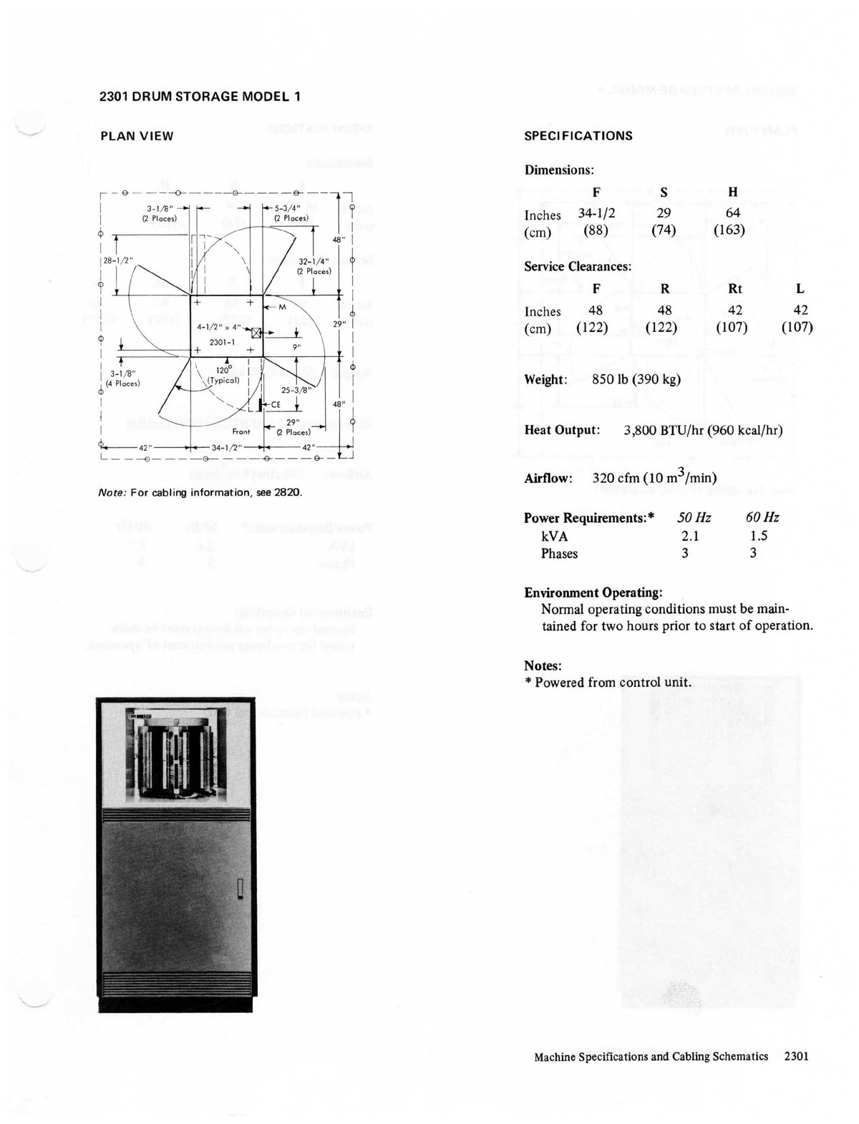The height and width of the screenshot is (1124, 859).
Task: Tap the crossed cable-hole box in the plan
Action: (x=257, y=333)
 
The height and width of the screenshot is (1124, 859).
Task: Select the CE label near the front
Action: (x=275, y=404)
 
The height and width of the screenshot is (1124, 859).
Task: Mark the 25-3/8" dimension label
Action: (x=296, y=390)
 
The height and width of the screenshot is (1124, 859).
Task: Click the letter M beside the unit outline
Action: (x=281, y=306)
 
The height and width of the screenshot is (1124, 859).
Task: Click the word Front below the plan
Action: (x=241, y=431)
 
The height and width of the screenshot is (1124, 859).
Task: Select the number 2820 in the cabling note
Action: (x=290, y=492)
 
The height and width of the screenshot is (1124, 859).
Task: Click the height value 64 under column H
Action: (x=732, y=212)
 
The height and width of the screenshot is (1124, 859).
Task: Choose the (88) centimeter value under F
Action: (x=596, y=230)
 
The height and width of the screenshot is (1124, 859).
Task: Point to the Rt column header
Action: (x=734, y=289)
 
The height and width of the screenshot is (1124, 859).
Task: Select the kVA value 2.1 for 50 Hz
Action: (x=690, y=536)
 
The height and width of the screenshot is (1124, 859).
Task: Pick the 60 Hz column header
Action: (x=762, y=517)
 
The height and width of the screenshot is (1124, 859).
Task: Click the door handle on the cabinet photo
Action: (x=241, y=887)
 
